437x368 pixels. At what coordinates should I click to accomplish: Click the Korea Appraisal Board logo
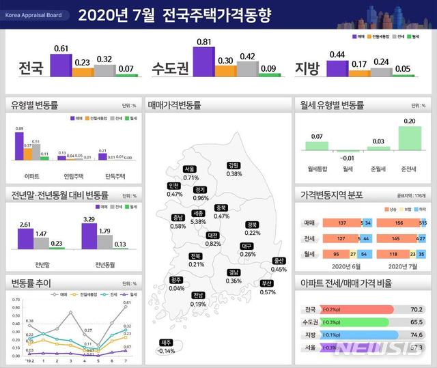pyautogui.click(x=36, y=14)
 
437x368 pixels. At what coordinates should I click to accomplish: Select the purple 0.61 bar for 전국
pyautogui.click(x=61, y=65)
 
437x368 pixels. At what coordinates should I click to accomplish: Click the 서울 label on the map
pyautogui.click(x=191, y=169)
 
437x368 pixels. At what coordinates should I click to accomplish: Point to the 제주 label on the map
pyautogui.click(x=166, y=342)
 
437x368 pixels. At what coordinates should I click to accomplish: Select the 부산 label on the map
pyautogui.click(x=267, y=283)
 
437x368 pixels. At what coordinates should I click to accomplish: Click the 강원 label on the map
pyautogui.click(x=234, y=165)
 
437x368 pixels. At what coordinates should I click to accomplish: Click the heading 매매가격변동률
pyautogui.click(x=174, y=105)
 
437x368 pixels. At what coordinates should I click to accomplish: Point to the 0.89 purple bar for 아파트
pyautogui.click(x=19, y=146)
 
